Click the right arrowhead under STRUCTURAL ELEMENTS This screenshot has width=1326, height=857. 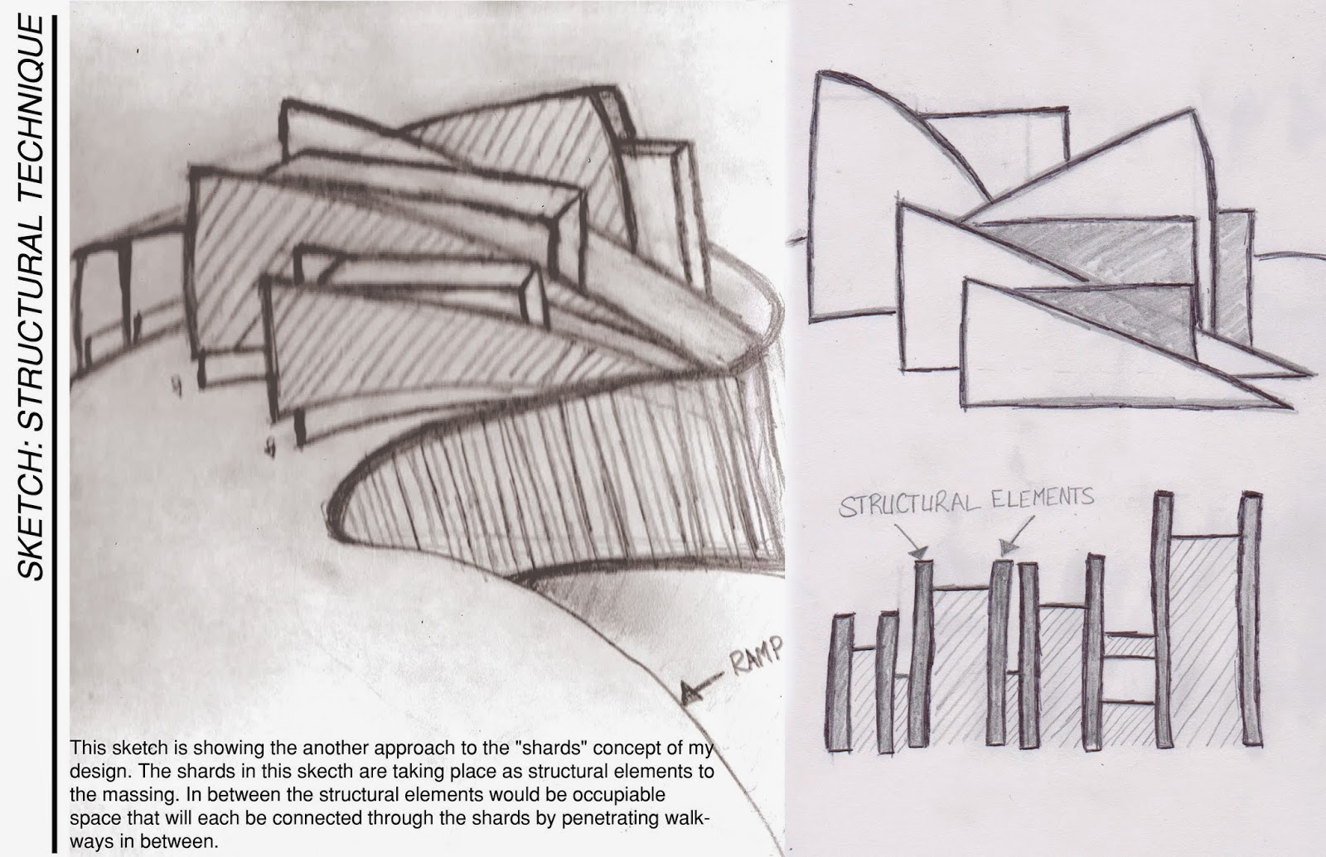1005,546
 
